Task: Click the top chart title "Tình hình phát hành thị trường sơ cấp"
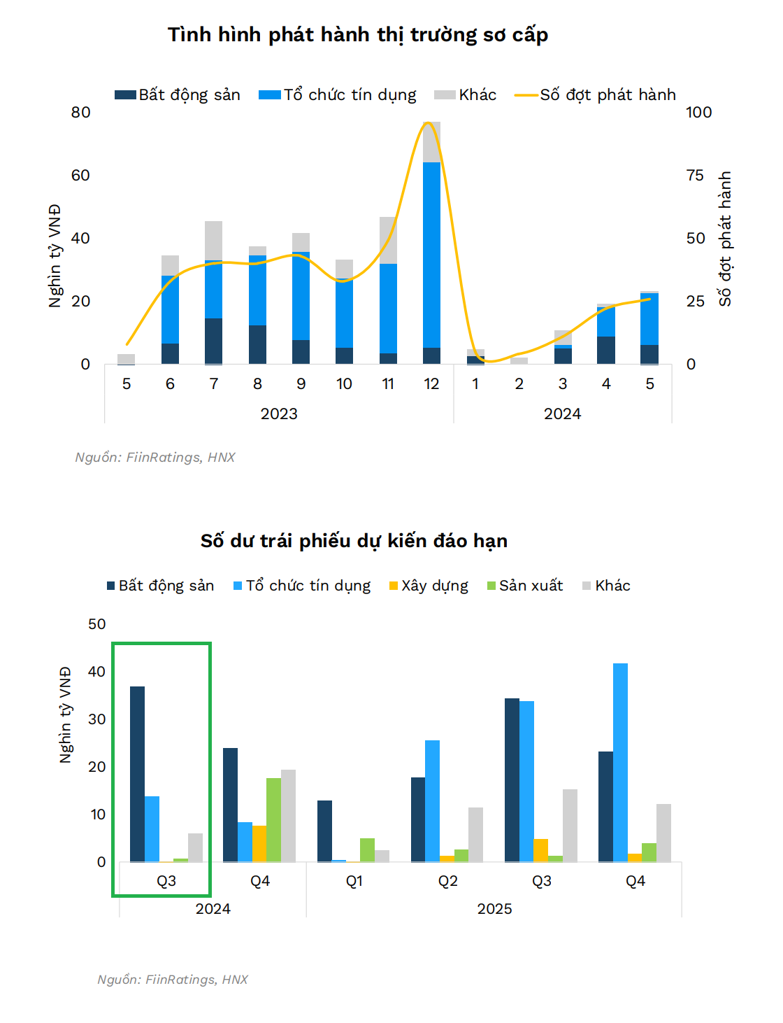click(x=357, y=35)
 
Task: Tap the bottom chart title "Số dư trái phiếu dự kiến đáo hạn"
click(x=354, y=541)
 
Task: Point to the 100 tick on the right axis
click(x=698, y=113)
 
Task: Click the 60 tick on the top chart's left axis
click(x=80, y=176)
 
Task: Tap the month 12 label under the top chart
click(x=431, y=384)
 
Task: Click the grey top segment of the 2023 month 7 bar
click(x=213, y=241)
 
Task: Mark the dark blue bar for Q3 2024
click(x=137, y=774)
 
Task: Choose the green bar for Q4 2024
click(x=273, y=819)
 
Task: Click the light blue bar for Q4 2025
click(x=620, y=762)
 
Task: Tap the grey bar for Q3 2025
click(x=570, y=825)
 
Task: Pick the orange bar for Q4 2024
click(x=259, y=843)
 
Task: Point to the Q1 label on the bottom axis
click(x=354, y=881)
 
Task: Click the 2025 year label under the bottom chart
click(x=494, y=909)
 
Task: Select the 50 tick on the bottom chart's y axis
click(x=97, y=624)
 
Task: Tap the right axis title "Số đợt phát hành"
click(x=725, y=239)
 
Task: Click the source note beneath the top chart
click(x=155, y=458)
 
